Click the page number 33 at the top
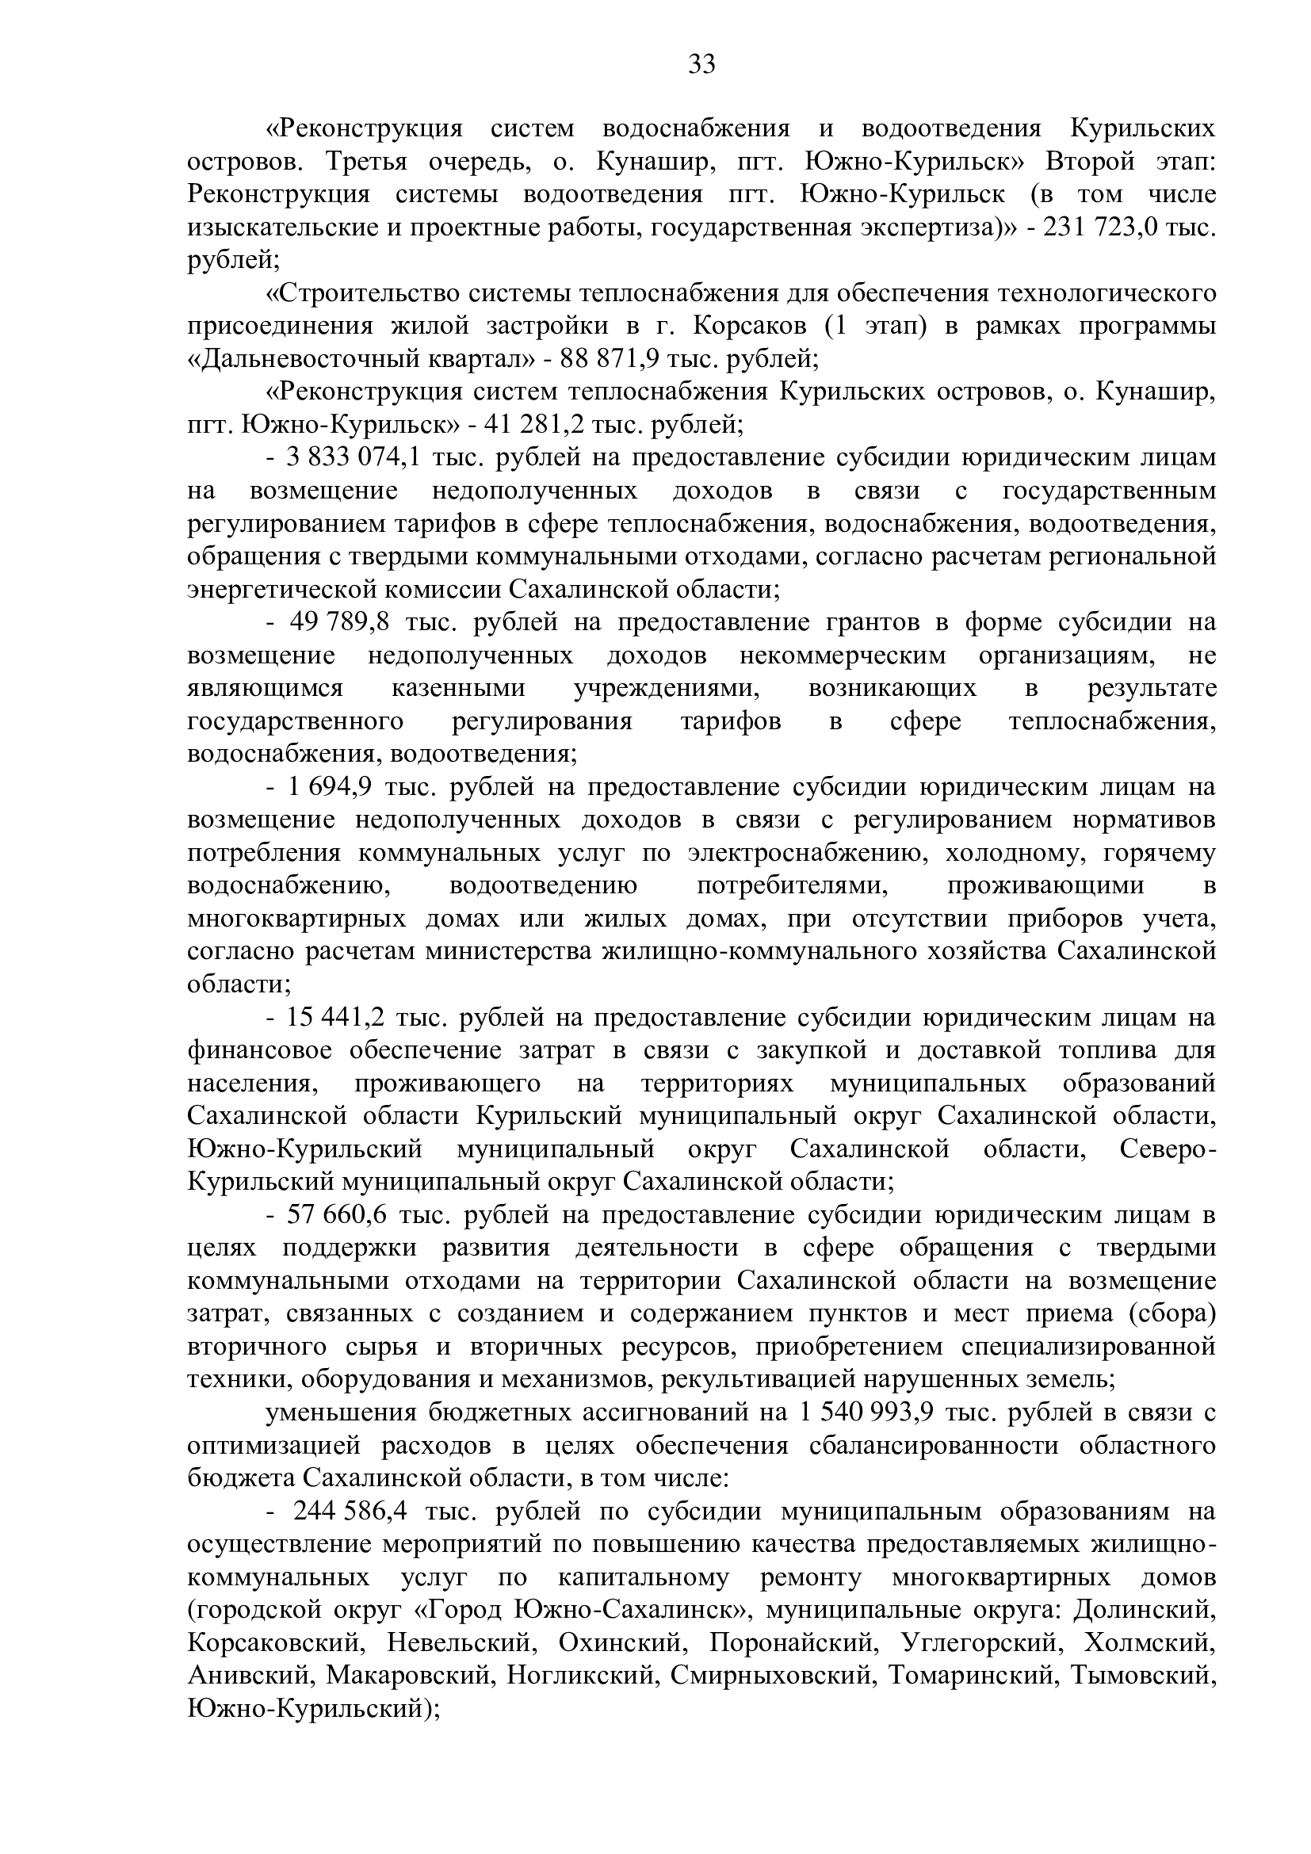(x=701, y=63)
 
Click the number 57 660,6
(x=336, y=1215)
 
